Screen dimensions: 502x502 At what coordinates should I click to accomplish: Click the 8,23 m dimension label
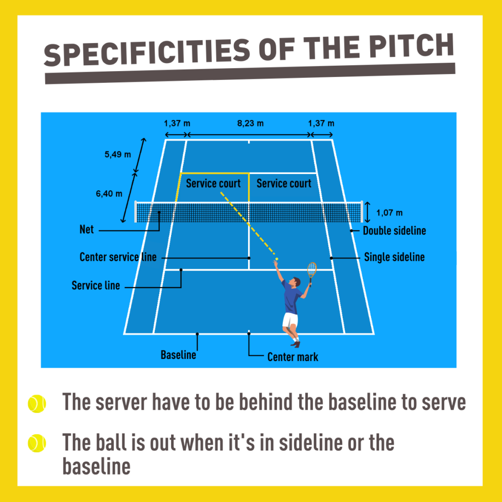(x=251, y=123)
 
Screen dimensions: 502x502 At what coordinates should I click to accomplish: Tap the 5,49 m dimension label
(x=118, y=154)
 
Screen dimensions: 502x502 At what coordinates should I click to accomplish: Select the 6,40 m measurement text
(x=109, y=193)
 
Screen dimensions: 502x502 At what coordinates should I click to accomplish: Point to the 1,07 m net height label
(x=389, y=213)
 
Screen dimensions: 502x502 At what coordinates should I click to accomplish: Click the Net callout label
(x=86, y=229)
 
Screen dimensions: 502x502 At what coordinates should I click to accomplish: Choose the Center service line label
(x=118, y=257)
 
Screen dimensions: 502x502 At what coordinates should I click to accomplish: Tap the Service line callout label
(x=96, y=285)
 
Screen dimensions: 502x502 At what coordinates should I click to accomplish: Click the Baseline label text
(x=178, y=355)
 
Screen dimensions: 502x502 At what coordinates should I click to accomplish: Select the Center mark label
(x=293, y=357)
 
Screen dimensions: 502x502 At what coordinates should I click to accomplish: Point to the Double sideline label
(x=394, y=230)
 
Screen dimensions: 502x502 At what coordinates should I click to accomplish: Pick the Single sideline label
(x=394, y=257)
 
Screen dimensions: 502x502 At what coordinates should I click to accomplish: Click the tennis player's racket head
(x=312, y=269)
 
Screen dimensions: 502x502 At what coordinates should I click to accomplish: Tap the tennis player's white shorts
(x=290, y=320)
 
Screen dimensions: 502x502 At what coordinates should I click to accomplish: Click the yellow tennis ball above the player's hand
(x=276, y=259)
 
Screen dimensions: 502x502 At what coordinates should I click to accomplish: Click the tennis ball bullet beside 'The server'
(x=37, y=403)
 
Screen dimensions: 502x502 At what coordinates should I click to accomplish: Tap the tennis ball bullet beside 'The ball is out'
(x=37, y=443)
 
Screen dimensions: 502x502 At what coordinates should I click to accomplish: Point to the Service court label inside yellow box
(x=213, y=183)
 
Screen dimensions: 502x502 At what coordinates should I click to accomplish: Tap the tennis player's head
(x=296, y=282)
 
